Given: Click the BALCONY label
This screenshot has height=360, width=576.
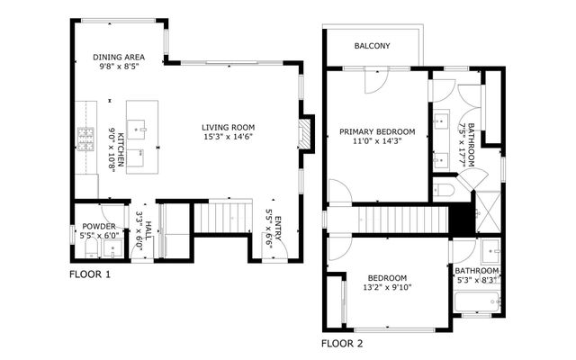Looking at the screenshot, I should pyautogui.click(x=372, y=46).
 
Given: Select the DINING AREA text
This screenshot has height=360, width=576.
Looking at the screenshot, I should pyautogui.click(x=120, y=56).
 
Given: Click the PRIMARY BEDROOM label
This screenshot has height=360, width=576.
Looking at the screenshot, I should pyautogui.click(x=377, y=131).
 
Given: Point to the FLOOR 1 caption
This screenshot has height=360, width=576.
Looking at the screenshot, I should pyautogui.click(x=90, y=274).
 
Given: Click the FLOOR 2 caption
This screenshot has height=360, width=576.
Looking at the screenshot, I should pyautogui.click(x=342, y=343).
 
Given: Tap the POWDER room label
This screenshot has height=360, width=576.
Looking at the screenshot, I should pyautogui.click(x=98, y=226).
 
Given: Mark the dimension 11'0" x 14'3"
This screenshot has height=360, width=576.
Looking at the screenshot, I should pyautogui.click(x=377, y=141).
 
